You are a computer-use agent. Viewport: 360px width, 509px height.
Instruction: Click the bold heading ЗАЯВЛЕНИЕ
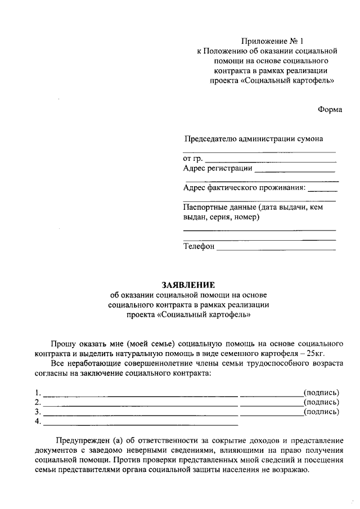click(188, 285)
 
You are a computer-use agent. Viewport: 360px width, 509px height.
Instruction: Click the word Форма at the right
click(330, 110)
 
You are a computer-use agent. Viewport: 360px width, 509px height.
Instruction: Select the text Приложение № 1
click(272, 40)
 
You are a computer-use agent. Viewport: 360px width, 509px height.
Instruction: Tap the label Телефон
click(199, 246)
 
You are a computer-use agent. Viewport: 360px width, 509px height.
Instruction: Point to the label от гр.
click(193, 159)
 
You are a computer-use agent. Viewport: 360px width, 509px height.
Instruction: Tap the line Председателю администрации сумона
click(254, 139)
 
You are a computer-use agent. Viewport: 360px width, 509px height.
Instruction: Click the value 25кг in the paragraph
click(316, 353)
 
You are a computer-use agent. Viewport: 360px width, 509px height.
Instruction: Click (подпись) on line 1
click(321, 392)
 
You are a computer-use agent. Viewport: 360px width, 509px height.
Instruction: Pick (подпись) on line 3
click(321, 412)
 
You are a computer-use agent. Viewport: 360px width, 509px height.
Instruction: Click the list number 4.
click(37, 421)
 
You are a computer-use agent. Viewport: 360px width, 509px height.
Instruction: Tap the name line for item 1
click(141, 394)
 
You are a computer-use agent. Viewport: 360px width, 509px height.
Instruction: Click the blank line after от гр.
click(270, 161)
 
